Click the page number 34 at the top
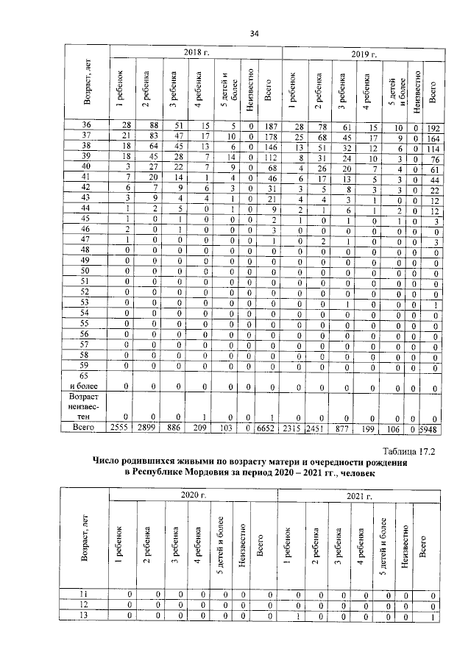(x=255, y=33)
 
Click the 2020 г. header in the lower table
(x=193, y=497)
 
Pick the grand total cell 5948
(x=436, y=427)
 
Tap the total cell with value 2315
(x=294, y=427)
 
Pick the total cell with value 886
(x=175, y=427)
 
